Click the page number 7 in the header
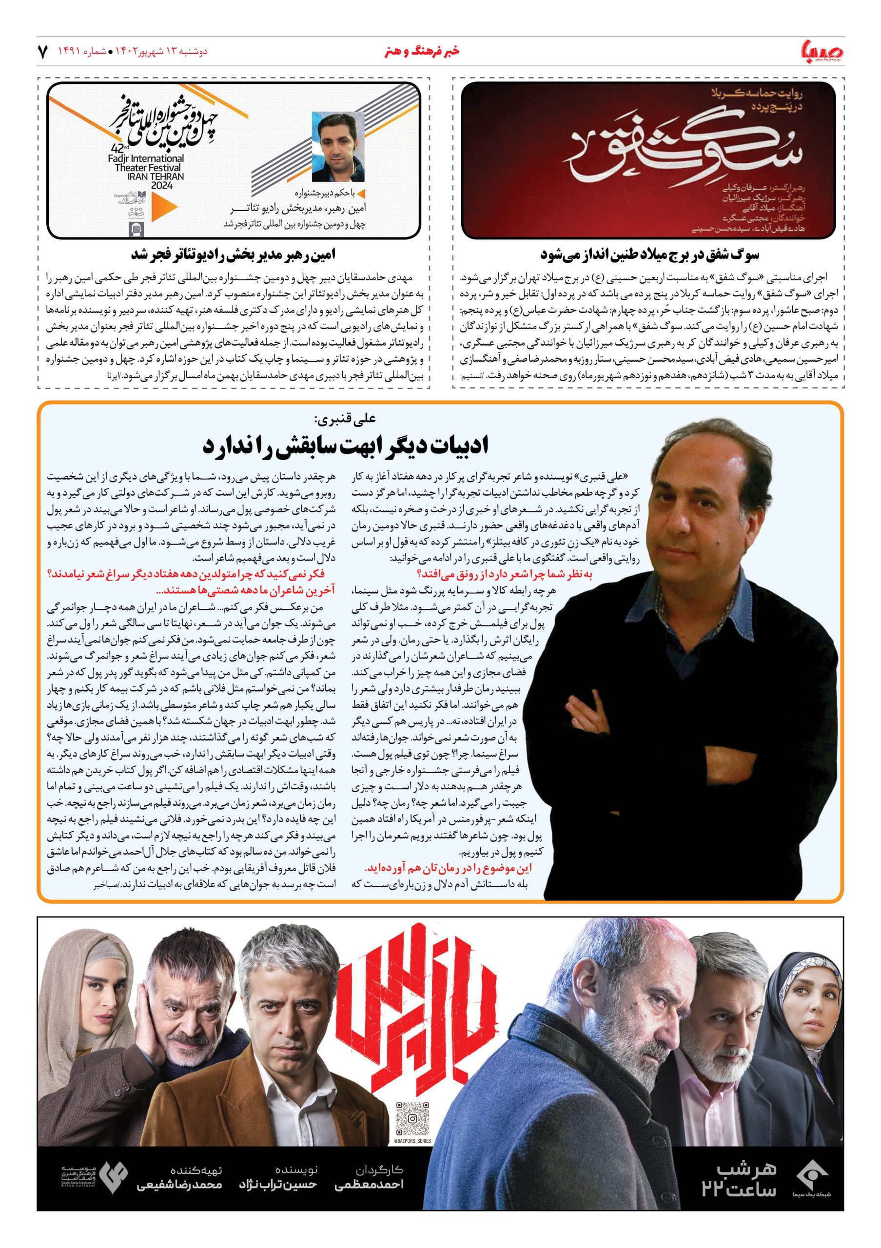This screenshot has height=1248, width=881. coord(42,53)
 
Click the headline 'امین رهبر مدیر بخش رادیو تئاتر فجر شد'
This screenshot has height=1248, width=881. coord(234,254)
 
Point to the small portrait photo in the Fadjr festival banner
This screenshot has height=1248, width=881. coord(337,146)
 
